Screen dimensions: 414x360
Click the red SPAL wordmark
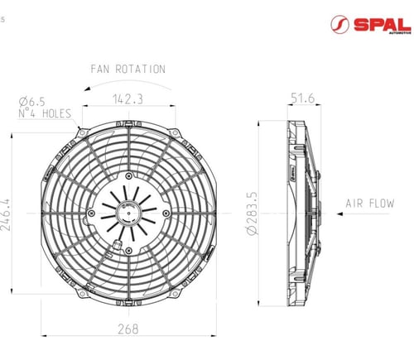click(x=383, y=25)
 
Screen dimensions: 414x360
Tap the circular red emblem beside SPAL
click(x=339, y=25)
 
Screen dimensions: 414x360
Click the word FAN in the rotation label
click(x=100, y=69)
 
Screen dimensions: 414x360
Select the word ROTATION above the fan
click(x=140, y=69)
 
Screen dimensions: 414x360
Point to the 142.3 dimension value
click(x=128, y=99)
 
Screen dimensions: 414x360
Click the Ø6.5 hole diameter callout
click(x=31, y=102)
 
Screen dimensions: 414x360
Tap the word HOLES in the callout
click(x=57, y=113)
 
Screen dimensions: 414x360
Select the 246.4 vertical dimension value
click(x=6, y=214)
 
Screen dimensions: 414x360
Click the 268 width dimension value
click(x=128, y=329)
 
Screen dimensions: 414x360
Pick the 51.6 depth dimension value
click(x=303, y=98)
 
